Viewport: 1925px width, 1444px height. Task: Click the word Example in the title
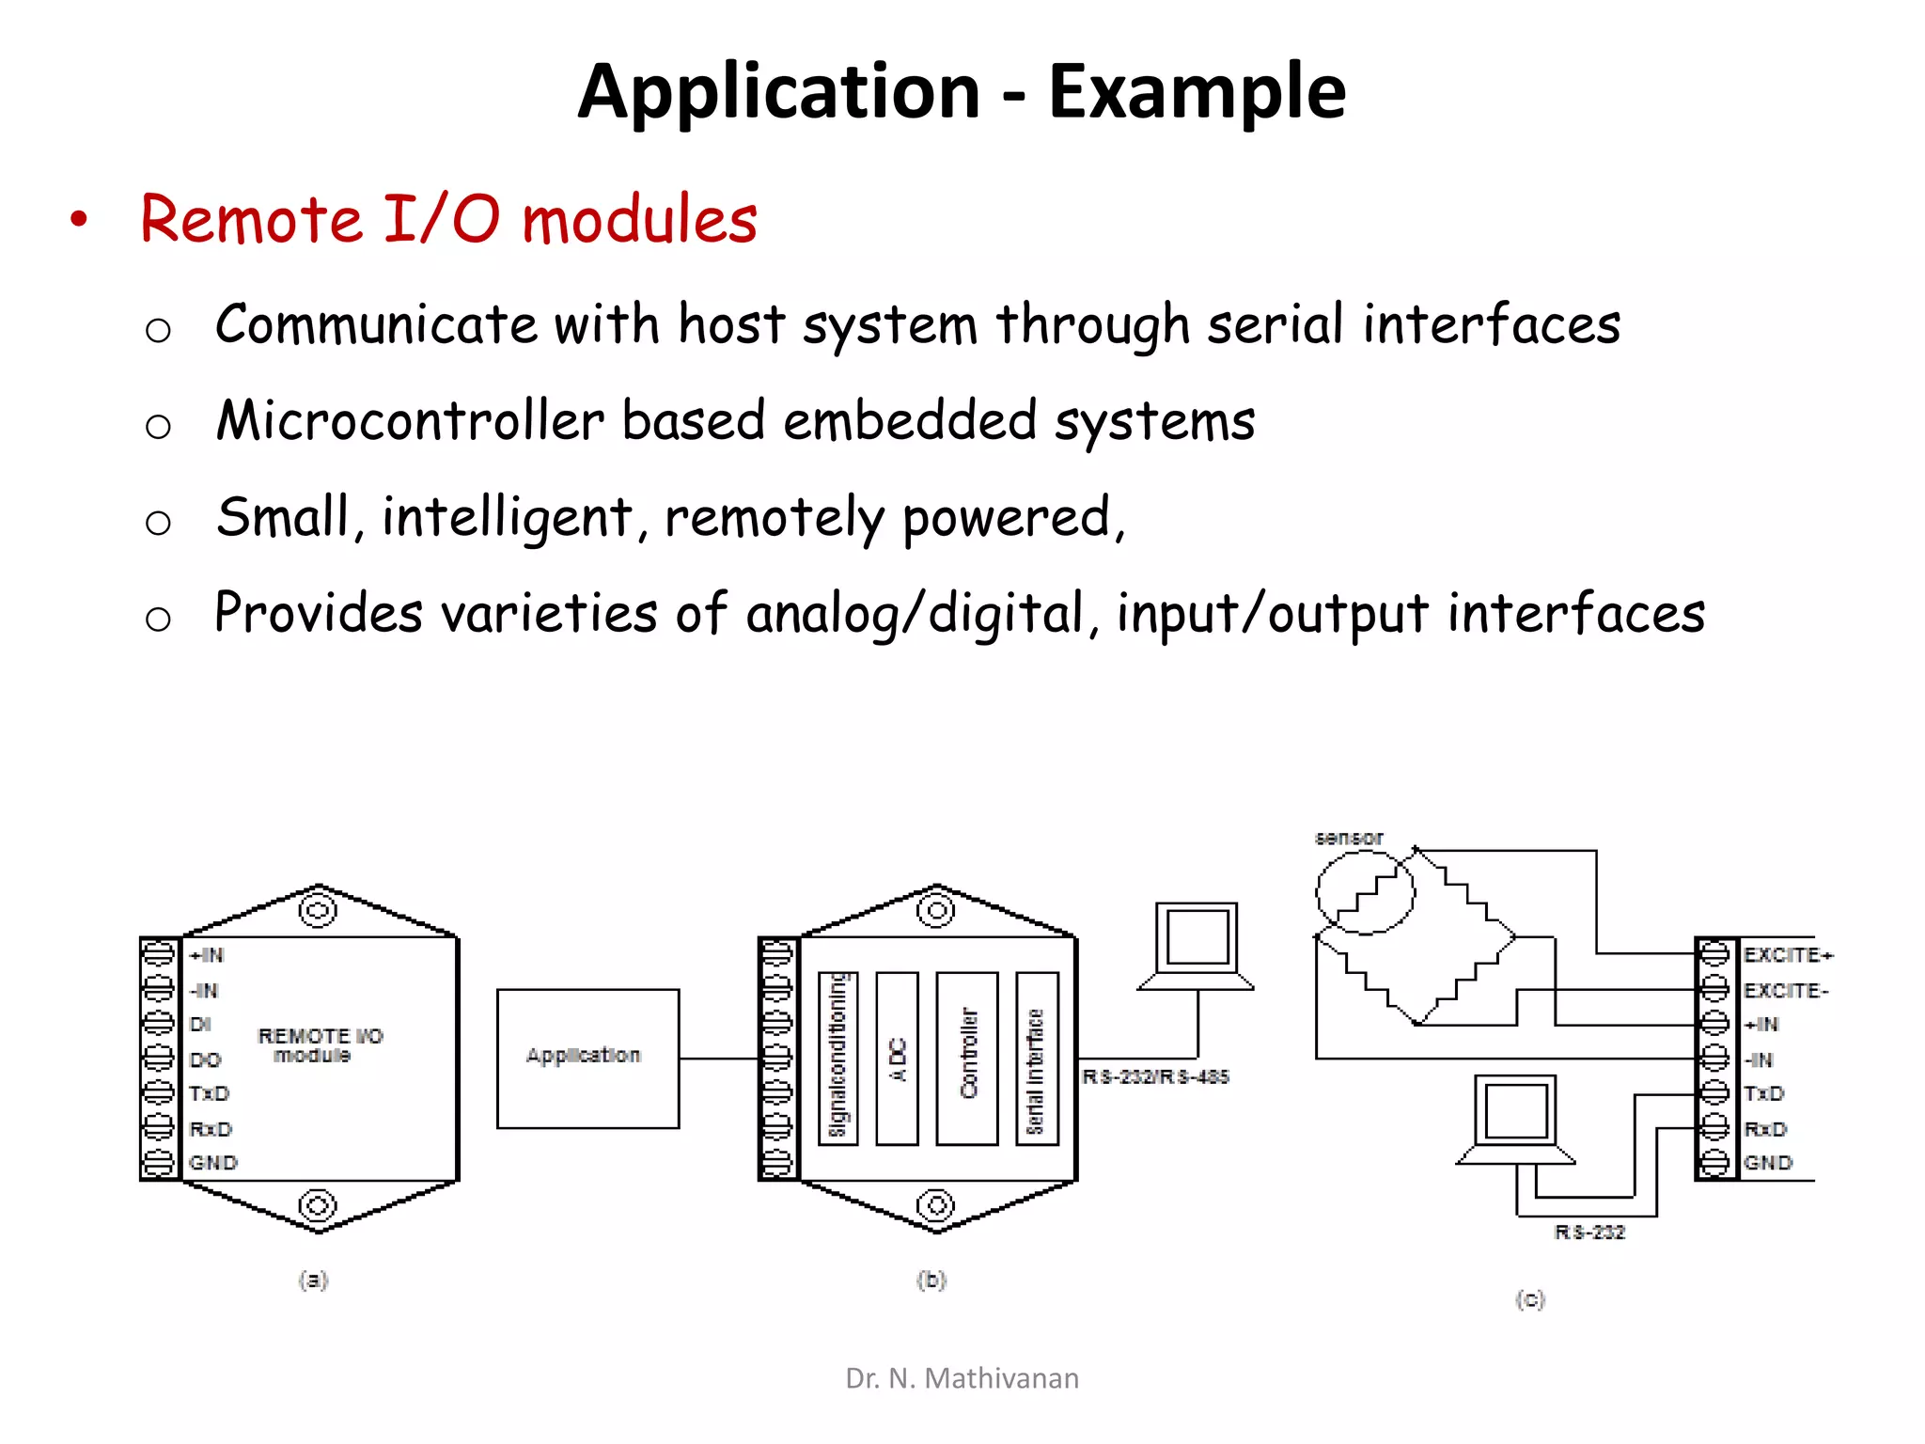click(x=1197, y=91)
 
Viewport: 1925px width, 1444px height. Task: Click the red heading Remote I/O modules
click(x=448, y=220)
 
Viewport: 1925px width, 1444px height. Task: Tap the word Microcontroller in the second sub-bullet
click(x=410, y=420)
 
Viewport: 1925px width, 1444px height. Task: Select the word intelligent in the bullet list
click(x=507, y=517)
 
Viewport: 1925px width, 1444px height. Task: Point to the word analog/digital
click(x=916, y=614)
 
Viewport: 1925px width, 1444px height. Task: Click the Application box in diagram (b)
click(x=587, y=1058)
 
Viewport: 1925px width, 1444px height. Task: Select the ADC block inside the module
click(x=897, y=1059)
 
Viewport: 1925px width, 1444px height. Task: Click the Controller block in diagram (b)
click(x=967, y=1059)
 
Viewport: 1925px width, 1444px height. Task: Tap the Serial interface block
click(x=1037, y=1059)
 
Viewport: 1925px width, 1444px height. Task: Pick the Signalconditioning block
click(x=837, y=1059)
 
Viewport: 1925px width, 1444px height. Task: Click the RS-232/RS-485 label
click(x=1155, y=1077)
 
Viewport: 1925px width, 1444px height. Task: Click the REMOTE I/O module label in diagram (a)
click(x=320, y=1045)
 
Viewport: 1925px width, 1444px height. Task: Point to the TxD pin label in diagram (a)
click(x=209, y=1093)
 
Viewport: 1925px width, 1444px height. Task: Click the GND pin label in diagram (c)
click(x=1768, y=1163)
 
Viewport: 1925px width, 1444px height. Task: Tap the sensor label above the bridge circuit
click(x=1349, y=838)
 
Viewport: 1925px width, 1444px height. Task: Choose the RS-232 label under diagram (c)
click(x=1589, y=1232)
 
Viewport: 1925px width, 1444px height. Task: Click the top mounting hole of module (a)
click(x=318, y=910)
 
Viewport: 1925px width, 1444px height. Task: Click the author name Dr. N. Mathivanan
click(x=962, y=1378)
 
